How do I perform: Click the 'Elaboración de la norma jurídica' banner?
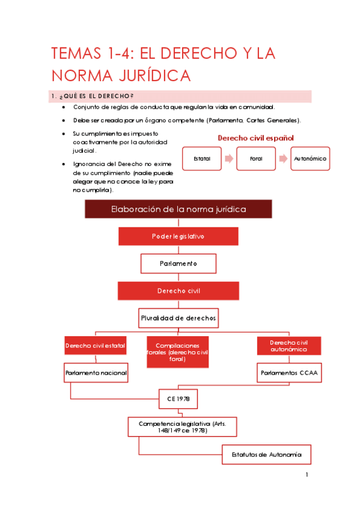178,209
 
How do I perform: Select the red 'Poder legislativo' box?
178,236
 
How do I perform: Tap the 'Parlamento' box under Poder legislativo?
178,263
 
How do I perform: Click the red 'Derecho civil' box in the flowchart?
178,290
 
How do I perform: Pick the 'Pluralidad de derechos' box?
178,317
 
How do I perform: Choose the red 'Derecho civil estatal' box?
96,346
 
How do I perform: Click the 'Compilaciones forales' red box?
178,352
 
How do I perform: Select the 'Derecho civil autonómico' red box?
289,346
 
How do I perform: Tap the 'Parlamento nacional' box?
96,373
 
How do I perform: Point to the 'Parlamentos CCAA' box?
289,373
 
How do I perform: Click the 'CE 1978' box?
178,399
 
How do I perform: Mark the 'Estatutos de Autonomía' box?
266,454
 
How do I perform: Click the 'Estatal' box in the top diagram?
203,159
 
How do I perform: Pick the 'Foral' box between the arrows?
257,159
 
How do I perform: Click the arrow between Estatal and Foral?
229,159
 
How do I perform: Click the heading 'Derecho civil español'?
255,138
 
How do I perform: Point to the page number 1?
307,475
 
